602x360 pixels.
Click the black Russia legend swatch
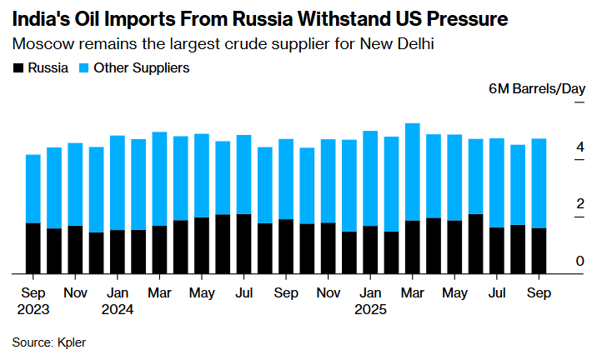pyautogui.click(x=18, y=67)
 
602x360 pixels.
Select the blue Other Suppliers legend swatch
pyautogui.click(x=85, y=67)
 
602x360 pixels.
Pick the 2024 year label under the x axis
pyautogui.click(x=118, y=308)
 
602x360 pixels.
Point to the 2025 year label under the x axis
pyautogui.click(x=371, y=308)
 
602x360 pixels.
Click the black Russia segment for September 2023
pyautogui.click(x=33, y=247)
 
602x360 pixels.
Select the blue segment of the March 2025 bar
pyautogui.click(x=412, y=172)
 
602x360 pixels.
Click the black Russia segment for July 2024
pyautogui.click(x=244, y=243)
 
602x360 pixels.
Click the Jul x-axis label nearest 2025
pyautogui.click(x=497, y=293)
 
